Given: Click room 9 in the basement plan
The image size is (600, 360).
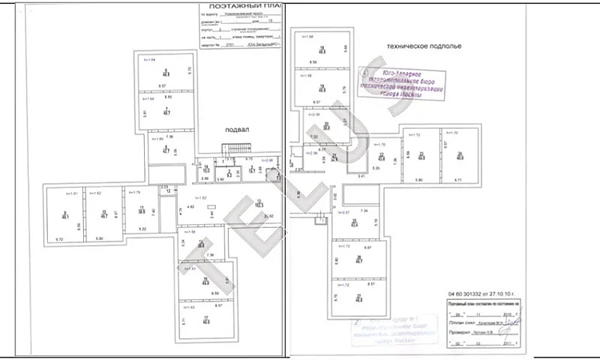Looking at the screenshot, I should [64, 214].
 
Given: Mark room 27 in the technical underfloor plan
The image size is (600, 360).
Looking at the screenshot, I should [359, 298].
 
